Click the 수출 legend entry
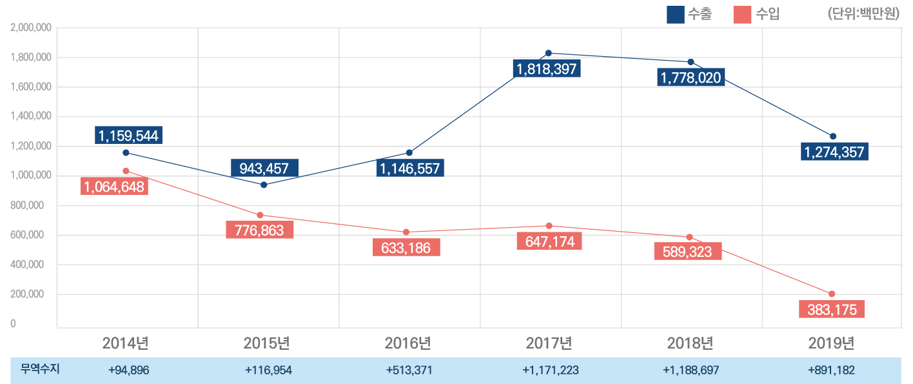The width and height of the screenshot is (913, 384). pos(689,14)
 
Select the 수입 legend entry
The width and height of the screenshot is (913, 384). pos(757,14)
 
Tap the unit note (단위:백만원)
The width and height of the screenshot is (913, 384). pos(863,14)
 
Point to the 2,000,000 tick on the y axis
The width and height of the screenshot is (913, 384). pos(31,28)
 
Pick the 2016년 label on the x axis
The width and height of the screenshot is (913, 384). pos(409,343)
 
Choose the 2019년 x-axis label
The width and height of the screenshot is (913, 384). pos(832,343)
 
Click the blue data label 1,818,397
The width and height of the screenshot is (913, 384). pos(546,69)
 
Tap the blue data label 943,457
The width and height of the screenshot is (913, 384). pos(264,169)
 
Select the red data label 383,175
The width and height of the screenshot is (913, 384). pos(832,310)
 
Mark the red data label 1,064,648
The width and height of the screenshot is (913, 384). pos(113,187)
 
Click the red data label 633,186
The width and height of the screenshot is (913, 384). pos(406,248)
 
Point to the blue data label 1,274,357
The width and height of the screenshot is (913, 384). pos(834,153)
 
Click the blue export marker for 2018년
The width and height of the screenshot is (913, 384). pos(691,62)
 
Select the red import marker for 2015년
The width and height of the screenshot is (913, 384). pos(260,215)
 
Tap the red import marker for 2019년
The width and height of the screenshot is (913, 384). pos(832,294)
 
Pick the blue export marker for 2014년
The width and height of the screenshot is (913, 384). pos(126,153)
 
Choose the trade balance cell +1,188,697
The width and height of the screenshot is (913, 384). pos(691,370)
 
